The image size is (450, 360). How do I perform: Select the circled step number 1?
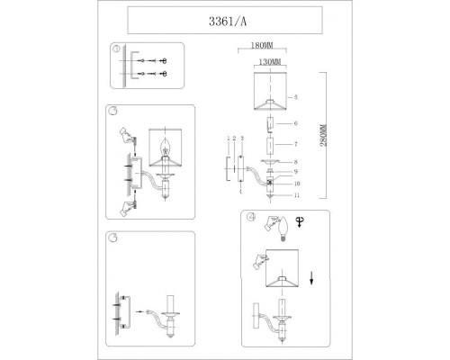pos(112,49)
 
